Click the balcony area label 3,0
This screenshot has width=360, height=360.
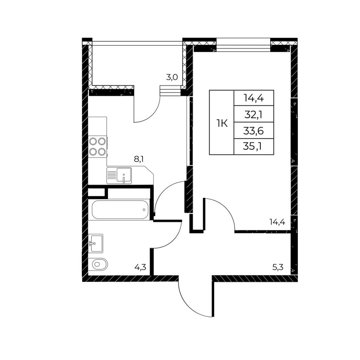(172, 77)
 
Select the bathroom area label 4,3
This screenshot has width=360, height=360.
(140, 267)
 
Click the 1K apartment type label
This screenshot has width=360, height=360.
(222, 124)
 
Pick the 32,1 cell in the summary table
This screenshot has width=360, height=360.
(254, 114)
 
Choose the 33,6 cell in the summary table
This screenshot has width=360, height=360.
(254, 131)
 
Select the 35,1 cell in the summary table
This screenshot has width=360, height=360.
(254, 147)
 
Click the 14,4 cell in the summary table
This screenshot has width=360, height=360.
(254, 98)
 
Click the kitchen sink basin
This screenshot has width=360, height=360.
(124, 175)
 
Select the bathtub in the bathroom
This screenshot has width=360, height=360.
(120, 210)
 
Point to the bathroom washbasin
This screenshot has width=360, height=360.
(96, 243)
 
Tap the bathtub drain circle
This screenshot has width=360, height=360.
(144, 210)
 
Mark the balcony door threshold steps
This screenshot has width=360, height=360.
(170, 91)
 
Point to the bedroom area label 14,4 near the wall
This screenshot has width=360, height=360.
(277, 222)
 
